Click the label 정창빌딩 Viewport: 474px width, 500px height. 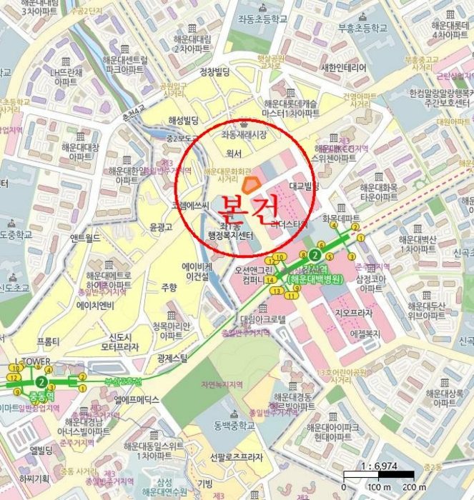coord(214,72)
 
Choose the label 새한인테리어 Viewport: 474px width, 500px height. coord(344,67)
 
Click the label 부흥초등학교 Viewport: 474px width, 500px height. coord(362,28)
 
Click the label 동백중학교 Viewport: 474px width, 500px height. coord(233,426)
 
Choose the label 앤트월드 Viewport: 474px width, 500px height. coord(85,239)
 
